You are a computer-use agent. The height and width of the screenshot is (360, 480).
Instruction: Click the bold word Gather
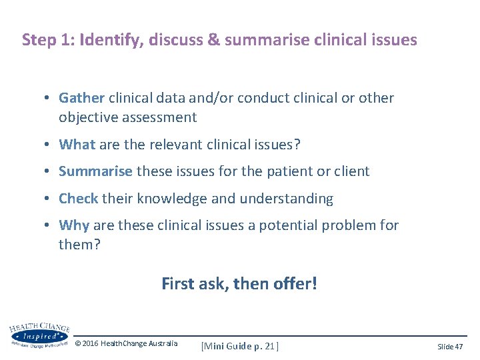[81, 98]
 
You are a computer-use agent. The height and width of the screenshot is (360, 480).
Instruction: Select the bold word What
[77, 144]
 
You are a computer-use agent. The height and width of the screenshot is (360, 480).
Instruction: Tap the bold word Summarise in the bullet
[95, 171]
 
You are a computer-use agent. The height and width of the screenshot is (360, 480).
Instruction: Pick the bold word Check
[78, 199]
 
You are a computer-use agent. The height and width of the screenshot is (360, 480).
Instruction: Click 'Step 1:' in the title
[48, 40]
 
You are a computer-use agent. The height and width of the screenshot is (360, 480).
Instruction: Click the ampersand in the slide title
[214, 40]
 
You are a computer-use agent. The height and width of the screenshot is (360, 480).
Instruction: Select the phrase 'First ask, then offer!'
[239, 283]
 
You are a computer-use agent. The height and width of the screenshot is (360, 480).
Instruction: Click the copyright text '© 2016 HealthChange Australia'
[127, 343]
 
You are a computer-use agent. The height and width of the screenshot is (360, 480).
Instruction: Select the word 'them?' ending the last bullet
[79, 245]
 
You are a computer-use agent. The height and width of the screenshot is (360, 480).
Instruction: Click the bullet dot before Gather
[49, 99]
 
